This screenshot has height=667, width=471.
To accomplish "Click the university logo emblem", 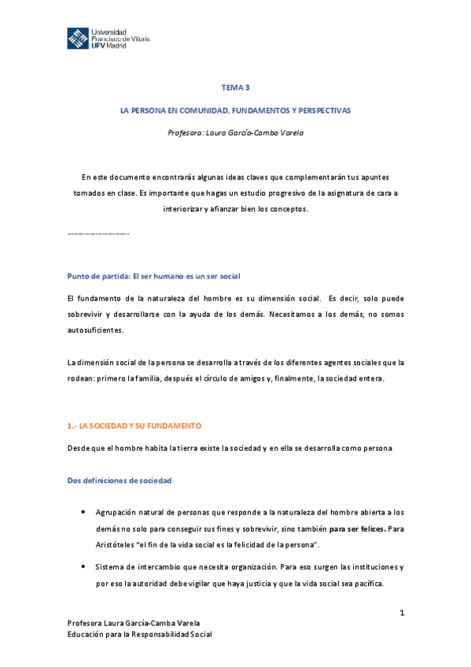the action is [x=77, y=38].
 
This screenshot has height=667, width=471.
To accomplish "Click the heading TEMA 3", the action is [x=235, y=88].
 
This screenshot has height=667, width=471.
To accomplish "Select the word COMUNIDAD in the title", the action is [x=189, y=110].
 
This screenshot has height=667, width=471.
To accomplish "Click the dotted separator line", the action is [x=99, y=234].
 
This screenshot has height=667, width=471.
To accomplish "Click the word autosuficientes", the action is [x=96, y=331].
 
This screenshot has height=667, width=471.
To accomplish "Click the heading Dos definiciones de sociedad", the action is [x=120, y=480].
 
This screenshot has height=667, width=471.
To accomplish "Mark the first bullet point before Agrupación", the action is [x=84, y=511].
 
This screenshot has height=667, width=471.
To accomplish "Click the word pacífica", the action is [x=366, y=584].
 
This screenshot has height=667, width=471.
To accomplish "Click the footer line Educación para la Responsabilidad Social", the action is [x=140, y=634].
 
